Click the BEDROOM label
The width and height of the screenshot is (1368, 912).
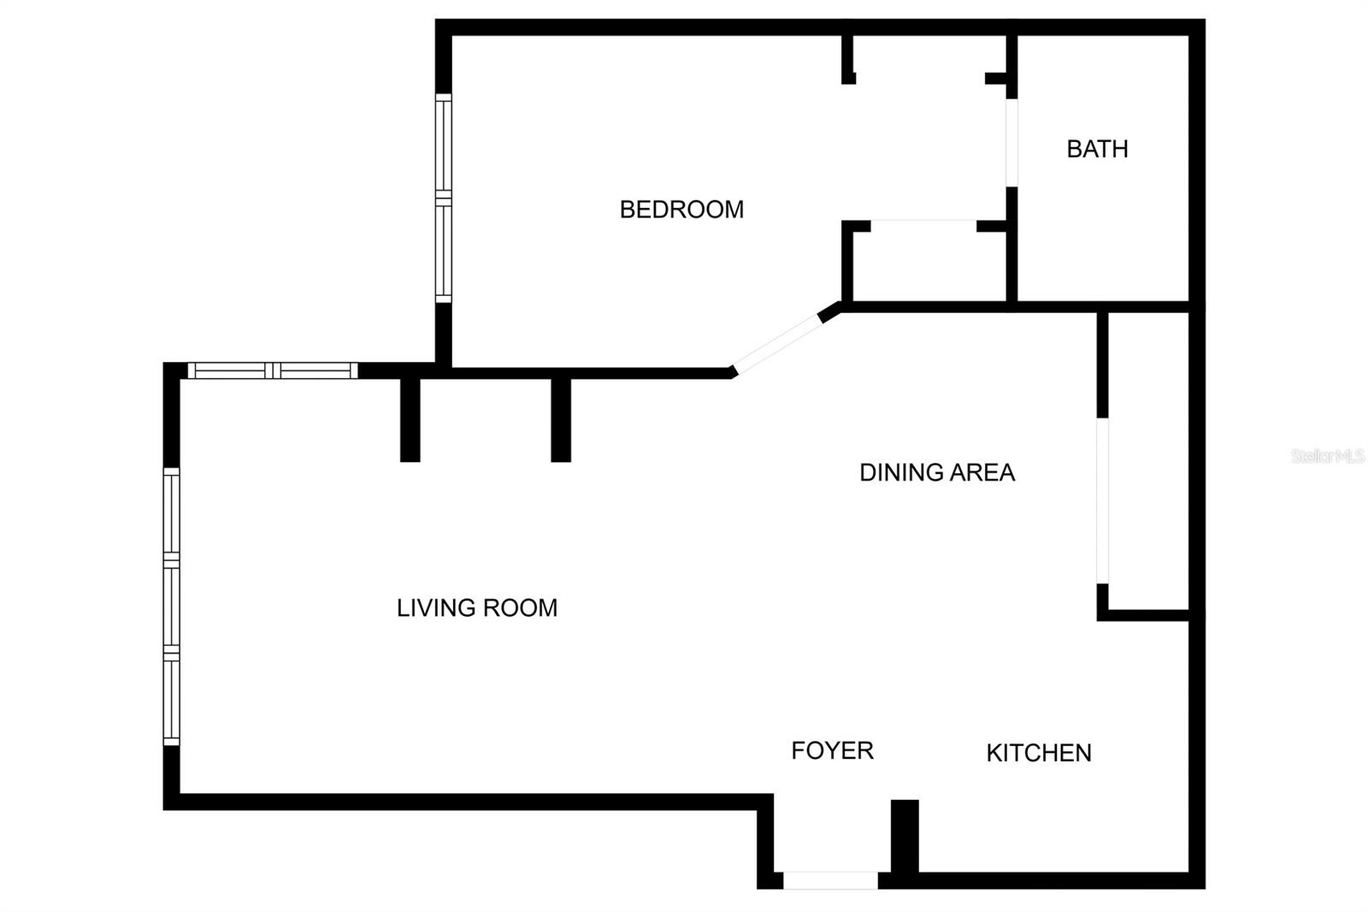(681, 210)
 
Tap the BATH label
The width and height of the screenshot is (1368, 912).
(1097, 150)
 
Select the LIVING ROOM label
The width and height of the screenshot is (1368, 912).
(476, 608)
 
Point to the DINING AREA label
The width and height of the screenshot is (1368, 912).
(936, 472)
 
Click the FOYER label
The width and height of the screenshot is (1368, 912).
(832, 751)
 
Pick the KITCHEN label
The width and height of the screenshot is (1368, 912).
(1038, 753)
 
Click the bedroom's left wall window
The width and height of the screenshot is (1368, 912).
(443, 198)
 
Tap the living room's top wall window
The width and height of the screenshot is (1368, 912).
(272, 370)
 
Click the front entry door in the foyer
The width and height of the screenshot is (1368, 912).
(830, 879)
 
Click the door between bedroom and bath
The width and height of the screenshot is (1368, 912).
(1011, 143)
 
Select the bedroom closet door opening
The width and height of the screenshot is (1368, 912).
(923, 226)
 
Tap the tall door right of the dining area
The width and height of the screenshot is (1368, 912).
(1102, 500)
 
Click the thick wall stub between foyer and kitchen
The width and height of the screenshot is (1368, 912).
(905, 836)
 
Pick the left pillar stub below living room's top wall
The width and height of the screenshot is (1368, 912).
(410, 418)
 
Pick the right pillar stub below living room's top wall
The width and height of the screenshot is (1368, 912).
(561, 418)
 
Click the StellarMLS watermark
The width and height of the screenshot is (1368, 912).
(1327, 456)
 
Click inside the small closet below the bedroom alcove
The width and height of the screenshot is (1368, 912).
(929, 265)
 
